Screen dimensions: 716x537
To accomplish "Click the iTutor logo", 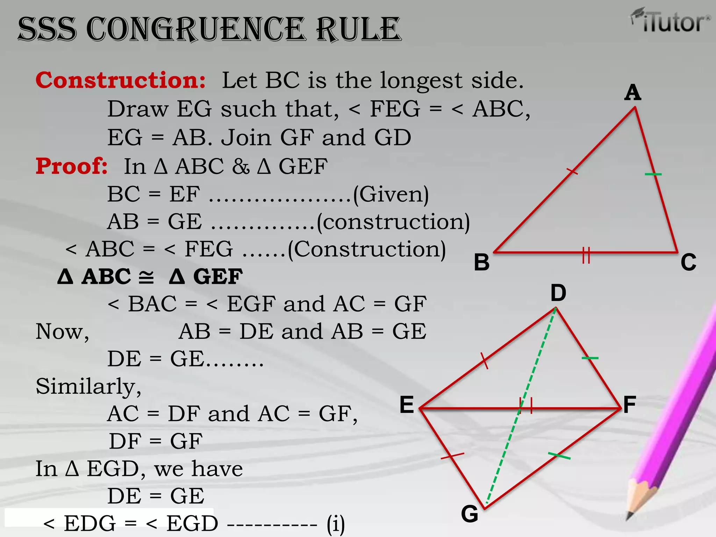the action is pyautogui.click(x=671, y=21).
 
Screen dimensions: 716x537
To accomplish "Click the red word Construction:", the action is pyautogui.click(x=121, y=80).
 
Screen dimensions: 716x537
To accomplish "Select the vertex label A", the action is pyautogui.click(x=633, y=93).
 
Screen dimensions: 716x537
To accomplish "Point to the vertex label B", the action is pyautogui.click(x=482, y=262).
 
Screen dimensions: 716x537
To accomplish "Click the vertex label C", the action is pyautogui.click(x=688, y=262).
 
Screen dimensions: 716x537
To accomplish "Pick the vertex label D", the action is pyautogui.click(x=558, y=293).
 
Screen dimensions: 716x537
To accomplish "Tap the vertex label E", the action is pyautogui.click(x=407, y=405).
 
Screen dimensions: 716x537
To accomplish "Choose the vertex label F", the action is pyautogui.click(x=629, y=405).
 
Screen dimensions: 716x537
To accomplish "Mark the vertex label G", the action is pyautogui.click(x=470, y=514).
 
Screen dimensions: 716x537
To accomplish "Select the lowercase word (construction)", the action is pyautogui.click(x=393, y=222).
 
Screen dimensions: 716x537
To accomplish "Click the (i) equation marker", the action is pyautogui.click(x=336, y=524).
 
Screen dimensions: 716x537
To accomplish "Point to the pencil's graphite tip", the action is pyautogui.click(x=630, y=515).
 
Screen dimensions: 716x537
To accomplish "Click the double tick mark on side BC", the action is pyautogui.click(x=586, y=255).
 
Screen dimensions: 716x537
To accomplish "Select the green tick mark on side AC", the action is pyautogui.click(x=653, y=174).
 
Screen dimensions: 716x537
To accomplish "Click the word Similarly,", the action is pyautogui.click(x=88, y=387).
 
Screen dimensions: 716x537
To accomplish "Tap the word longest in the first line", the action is pyautogui.click(x=421, y=81).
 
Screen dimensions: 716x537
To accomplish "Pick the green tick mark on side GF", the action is pyautogui.click(x=559, y=456).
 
